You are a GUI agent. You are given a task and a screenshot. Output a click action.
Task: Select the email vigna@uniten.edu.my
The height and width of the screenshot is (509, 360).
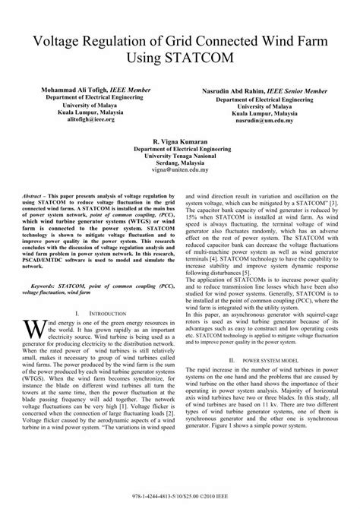[x=179, y=172]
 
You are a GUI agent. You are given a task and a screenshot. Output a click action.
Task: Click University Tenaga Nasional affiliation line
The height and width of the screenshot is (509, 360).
[x=179, y=157]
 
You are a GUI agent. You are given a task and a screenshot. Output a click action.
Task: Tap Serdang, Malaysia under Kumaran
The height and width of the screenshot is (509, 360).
[x=179, y=165]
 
